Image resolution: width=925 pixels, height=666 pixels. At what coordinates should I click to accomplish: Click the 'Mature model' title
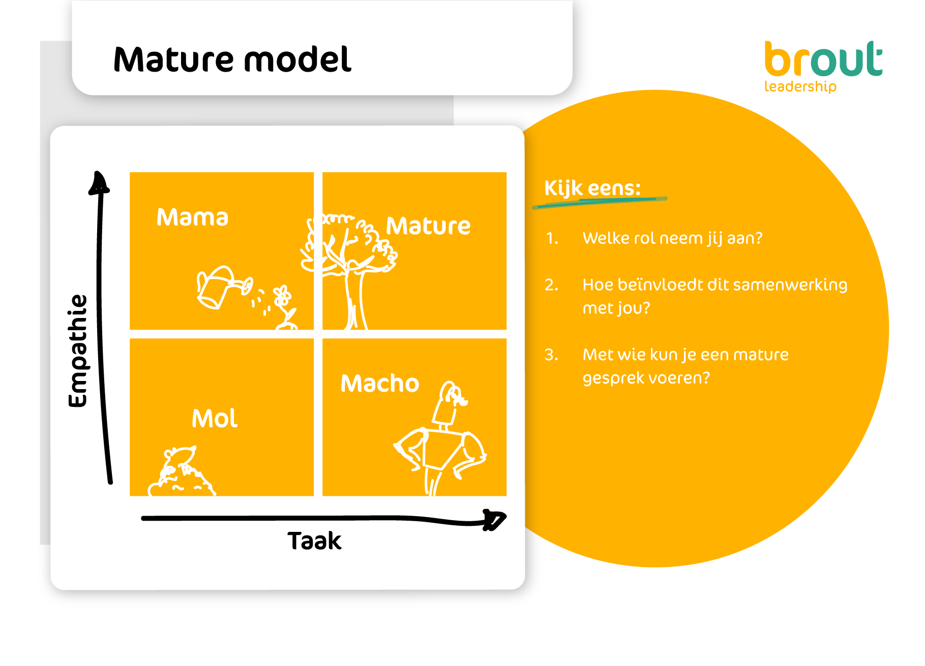[x=232, y=59]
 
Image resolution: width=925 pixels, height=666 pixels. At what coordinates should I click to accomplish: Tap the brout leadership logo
[x=823, y=67]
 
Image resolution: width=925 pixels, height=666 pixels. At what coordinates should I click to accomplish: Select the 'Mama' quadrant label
[x=192, y=217]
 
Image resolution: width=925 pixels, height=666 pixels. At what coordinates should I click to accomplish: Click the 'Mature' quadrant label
[x=428, y=226]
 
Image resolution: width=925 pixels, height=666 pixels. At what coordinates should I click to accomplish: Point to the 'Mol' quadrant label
[x=215, y=419]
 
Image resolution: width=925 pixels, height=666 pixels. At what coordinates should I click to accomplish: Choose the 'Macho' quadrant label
[x=380, y=383]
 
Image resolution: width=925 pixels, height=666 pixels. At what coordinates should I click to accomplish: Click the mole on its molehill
[x=181, y=471]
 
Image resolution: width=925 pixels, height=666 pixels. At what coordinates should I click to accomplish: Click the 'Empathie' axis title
[x=78, y=351]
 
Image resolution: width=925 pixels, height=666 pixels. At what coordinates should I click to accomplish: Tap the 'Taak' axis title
[x=314, y=541]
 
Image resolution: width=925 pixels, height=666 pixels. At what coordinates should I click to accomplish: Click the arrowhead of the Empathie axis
[x=99, y=183]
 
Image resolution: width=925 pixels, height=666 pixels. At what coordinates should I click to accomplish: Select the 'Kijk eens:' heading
[x=592, y=188]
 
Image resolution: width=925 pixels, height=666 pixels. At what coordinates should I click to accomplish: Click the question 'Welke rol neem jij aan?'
[x=672, y=238]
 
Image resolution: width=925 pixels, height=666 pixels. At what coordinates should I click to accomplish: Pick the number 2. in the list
[x=552, y=285]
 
